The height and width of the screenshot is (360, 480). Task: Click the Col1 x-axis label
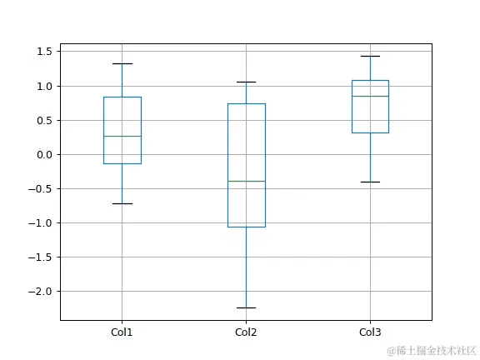point(122,332)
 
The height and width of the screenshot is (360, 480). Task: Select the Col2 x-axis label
point(246,332)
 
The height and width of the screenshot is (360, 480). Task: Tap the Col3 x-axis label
point(370,332)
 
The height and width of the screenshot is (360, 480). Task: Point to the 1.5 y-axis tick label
point(45,52)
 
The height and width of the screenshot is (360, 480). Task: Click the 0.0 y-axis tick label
point(45,154)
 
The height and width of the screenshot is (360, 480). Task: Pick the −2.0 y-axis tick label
point(42,291)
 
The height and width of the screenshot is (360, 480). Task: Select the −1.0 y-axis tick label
point(42,222)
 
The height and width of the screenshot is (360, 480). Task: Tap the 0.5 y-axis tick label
point(45,120)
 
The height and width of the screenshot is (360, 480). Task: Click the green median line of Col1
point(122,136)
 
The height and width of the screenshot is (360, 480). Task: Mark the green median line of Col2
point(246,181)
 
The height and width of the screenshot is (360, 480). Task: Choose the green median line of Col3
point(370,96)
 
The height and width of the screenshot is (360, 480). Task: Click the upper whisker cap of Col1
point(122,63)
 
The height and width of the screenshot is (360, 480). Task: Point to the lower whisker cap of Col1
point(122,203)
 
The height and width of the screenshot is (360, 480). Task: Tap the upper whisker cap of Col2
point(246,82)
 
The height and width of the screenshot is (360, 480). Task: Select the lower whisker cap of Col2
point(246,307)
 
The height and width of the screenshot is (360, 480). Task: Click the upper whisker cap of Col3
point(370,56)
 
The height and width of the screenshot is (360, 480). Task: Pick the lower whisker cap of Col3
point(370,182)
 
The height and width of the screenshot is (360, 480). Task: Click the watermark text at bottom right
point(428,350)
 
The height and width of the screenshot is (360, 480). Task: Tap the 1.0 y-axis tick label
point(45,86)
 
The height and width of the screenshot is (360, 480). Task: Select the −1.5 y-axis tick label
point(42,257)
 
